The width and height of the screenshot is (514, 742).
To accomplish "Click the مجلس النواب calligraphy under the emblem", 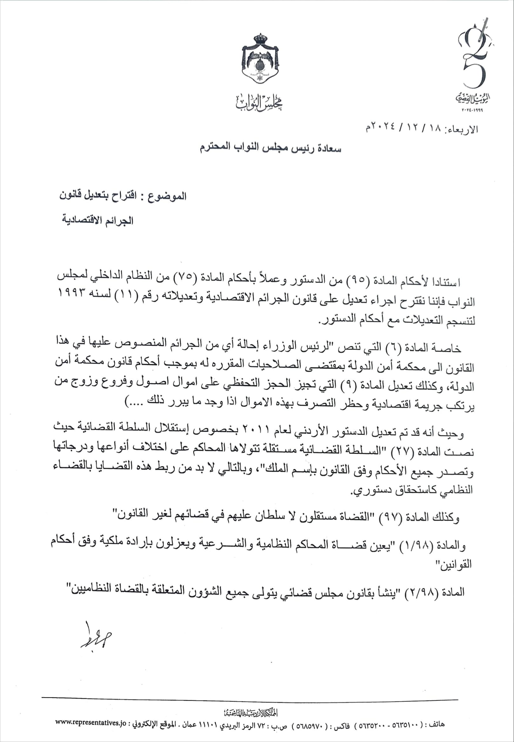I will tap(260, 102).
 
